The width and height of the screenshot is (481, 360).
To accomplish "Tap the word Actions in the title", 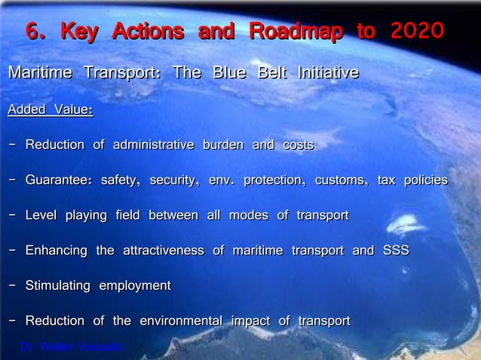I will pos(148,32).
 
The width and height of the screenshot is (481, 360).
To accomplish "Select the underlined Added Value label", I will pos(50,110).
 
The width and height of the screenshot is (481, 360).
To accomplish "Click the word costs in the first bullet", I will pos(298,145).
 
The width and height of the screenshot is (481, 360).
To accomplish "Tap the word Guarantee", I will pos(58,181).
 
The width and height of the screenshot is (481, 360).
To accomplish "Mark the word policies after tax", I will pos(425,181).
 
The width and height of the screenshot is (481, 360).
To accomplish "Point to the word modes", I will pos(248,216).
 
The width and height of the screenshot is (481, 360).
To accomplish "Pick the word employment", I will pos(135,286).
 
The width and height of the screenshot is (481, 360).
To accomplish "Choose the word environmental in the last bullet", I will pos(179,322).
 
